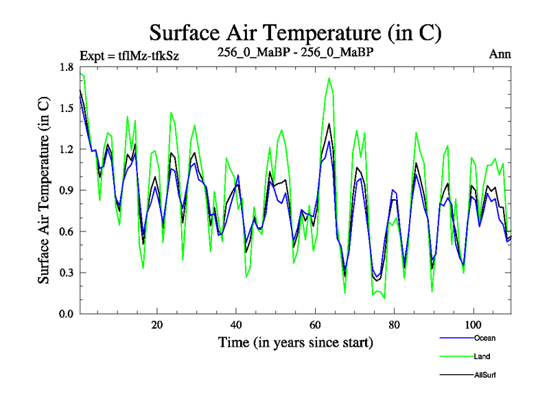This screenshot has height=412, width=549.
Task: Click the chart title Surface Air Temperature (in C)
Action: point(295,32)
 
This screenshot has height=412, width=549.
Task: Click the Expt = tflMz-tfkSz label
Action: point(130,56)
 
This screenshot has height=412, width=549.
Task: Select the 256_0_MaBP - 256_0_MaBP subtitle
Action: point(295,53)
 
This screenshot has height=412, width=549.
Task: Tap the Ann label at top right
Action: point(500,54)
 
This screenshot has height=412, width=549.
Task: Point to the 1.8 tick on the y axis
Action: point(67,67)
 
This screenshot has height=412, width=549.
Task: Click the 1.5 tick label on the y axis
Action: point(67,108)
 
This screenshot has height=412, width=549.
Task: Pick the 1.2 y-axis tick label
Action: point(67,150)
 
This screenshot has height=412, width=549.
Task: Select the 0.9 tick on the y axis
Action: point(67,190)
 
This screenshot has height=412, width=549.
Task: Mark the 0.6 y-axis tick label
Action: point(67,231)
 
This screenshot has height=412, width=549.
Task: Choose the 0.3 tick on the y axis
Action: point(67,273)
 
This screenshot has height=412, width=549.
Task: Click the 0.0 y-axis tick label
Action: point(67,314)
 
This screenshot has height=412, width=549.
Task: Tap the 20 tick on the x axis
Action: point(157,324)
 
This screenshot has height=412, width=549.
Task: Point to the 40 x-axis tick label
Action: point(236,324)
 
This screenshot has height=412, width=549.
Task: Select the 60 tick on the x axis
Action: point(315,324)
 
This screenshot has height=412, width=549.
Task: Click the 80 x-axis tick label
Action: point(394,324)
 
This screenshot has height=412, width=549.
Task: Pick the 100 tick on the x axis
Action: point(473,324)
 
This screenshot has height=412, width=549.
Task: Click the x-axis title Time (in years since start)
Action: point(295,341)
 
